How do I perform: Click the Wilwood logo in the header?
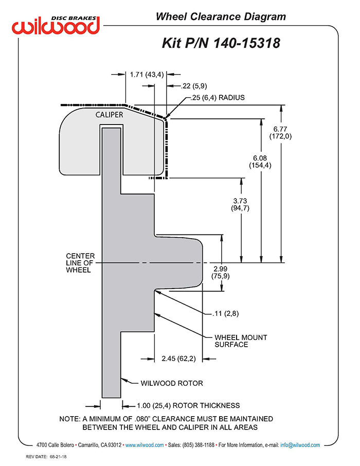click(56, 24)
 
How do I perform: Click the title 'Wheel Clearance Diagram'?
click(221, 17)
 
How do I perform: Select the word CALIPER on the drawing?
click(109, 115)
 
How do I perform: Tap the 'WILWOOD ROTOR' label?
click(172, 383)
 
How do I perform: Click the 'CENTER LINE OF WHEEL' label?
click(80, 263)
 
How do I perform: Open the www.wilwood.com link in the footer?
click(145, 445)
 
